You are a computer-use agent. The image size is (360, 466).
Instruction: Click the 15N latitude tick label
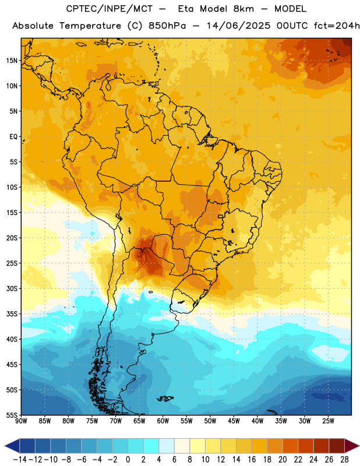[12, 61]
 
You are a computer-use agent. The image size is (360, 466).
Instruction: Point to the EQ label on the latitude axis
[13, 137]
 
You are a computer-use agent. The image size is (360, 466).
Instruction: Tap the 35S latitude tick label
[12, 314]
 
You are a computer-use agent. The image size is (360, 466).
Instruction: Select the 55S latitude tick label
[12, 415]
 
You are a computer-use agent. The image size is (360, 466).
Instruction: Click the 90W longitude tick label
[21, 421]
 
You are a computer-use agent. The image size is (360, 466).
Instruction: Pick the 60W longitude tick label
[163, 421]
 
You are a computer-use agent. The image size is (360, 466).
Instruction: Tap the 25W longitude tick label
[328, 421]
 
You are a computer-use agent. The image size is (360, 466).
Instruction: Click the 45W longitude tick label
[234, 421]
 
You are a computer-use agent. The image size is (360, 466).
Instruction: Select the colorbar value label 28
[344, 460]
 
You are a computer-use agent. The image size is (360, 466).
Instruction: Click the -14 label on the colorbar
[20, 460]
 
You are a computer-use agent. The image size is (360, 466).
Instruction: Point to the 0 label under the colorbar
[128, 460]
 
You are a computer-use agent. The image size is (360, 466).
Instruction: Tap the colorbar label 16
[252, 460]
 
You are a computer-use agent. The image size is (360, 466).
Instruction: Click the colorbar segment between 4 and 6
[167, 446]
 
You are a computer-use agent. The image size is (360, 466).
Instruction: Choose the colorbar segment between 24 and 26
[321, 446]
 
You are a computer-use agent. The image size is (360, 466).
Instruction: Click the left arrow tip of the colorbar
[5, 446]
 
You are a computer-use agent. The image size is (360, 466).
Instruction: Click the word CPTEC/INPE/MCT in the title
[109, 9]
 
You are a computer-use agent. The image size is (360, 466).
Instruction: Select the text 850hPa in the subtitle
[167, 26]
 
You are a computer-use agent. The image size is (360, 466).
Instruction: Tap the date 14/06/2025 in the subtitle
[238, 26]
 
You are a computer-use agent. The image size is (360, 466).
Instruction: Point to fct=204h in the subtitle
[337, 26]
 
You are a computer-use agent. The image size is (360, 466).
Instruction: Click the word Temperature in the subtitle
[90, 26]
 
